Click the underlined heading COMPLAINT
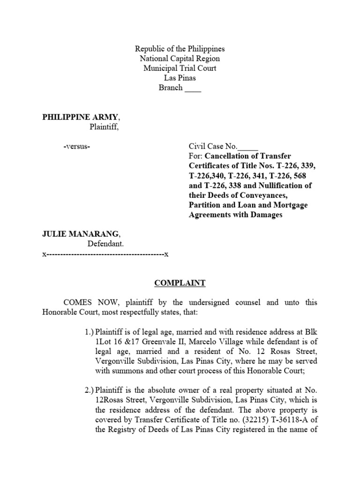(x=180, y=283)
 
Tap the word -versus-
(x=76, y=147)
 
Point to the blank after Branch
(x=193, y=88)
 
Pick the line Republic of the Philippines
(x=180, y=49)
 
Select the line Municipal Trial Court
(x=180, y=68)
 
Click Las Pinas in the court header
(x=180, y=78)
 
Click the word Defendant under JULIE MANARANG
(x=105, y=244)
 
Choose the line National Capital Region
(x=180, y=59)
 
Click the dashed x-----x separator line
(x=105, y=254)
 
